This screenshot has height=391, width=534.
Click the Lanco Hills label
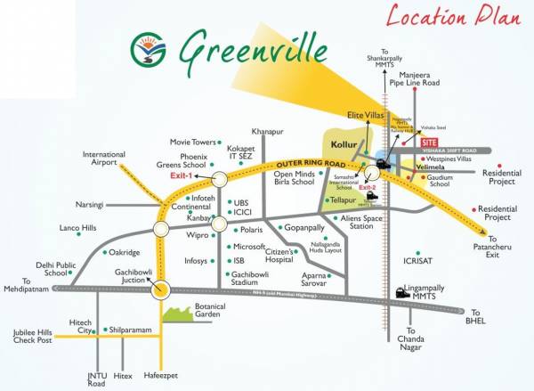77,229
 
